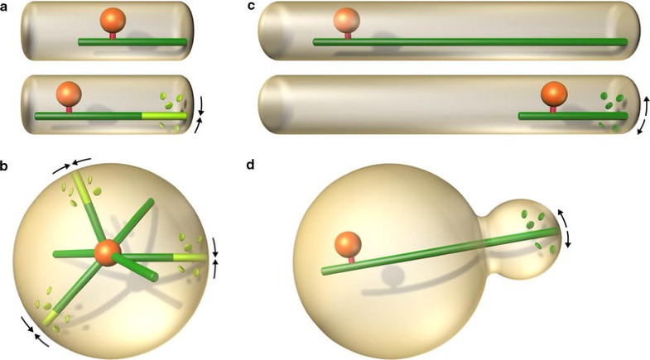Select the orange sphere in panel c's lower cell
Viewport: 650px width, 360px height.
point(553,94)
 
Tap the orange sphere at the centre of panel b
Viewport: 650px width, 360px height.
point(106,252)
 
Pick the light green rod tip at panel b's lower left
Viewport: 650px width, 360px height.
point(51,314)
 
